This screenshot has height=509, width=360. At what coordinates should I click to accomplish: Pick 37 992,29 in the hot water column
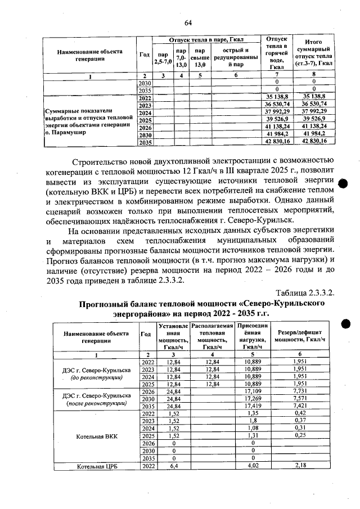276,112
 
